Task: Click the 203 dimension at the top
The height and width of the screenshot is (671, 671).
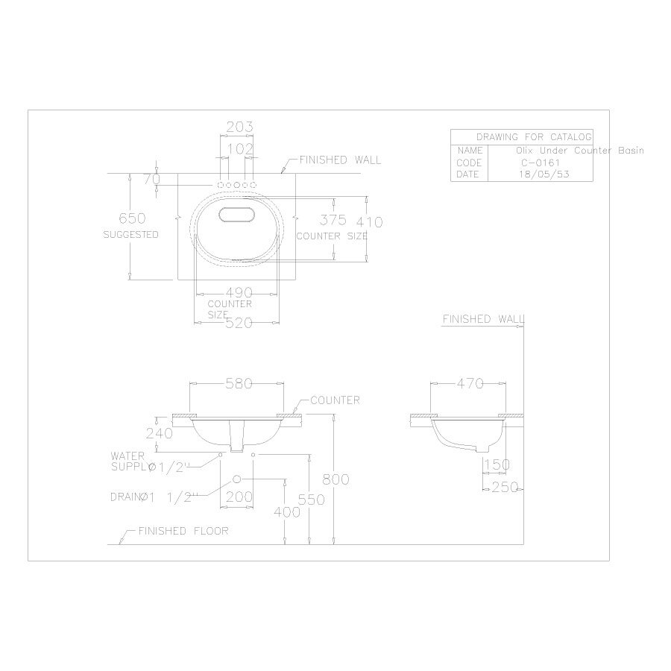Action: pos(239,127)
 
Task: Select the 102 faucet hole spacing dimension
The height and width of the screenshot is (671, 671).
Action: pos(239,149)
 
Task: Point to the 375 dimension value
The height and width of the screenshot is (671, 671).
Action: pos(333,220)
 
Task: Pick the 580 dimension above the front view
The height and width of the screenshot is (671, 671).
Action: pos(238,384)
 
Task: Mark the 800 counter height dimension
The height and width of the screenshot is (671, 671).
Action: pos(335,479)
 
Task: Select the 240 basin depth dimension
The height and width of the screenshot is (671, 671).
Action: pos(160,433)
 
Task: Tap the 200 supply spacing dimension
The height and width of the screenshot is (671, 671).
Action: pos(238,496)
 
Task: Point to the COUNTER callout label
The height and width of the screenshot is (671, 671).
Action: pos(335,400)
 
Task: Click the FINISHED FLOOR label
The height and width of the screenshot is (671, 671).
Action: pos(183,532)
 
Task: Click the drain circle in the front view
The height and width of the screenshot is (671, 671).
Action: pos(237,479)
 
